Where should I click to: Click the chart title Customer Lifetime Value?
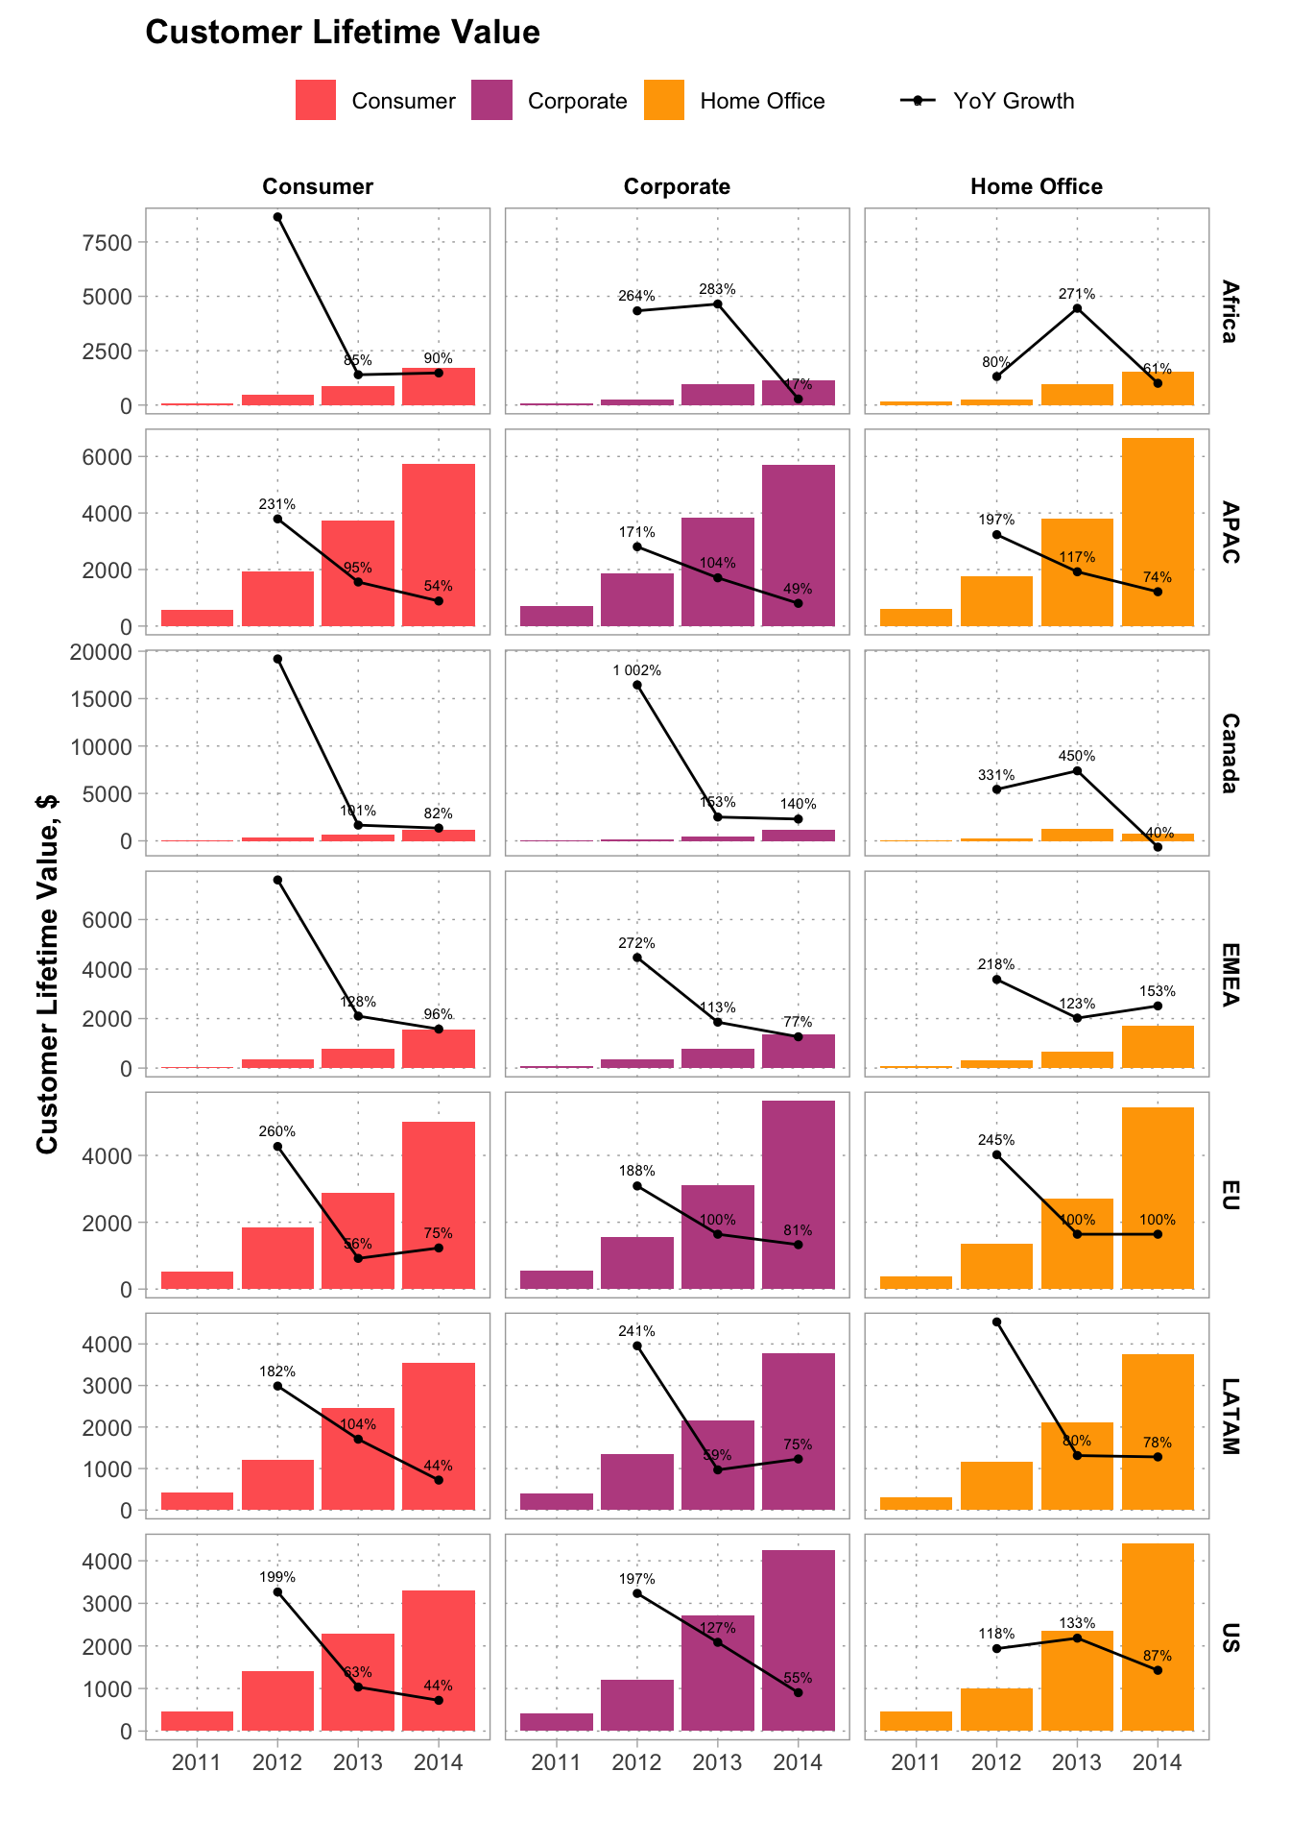[x=342, y=33]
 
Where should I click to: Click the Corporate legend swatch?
[x=491, y=101]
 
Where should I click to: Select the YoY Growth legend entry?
[x=989, y=101]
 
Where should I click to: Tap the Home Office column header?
[x=1036, y=186]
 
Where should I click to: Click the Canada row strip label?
[x=1230, y=753]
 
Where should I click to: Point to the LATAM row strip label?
[x=1230, y=1416]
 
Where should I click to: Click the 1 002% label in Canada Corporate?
[x=636, y=670]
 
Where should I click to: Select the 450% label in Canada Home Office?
[x=1076, y=756]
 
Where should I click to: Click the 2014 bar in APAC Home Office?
[x=1157, y=532]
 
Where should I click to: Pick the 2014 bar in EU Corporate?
[x=798, y=1195]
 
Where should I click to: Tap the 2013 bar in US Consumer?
[x=358, y=1682]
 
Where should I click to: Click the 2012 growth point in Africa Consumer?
[x=277, y=217]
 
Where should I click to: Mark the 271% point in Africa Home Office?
[x=1077, y=308]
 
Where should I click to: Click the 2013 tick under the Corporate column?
[x=717, y=1762]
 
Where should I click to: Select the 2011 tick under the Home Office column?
[x=916, y=1762]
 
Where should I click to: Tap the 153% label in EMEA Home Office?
[x=1157, y=991]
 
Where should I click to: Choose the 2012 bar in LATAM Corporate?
[x=636, y=1482]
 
